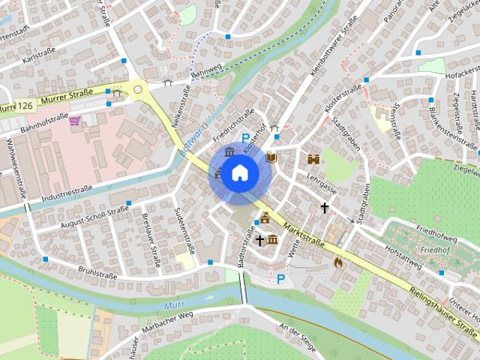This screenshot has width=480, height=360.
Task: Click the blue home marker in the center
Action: tap(239, 172)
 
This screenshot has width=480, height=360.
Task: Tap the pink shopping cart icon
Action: tap(74, 121)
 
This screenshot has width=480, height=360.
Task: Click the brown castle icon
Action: tap(313, 159)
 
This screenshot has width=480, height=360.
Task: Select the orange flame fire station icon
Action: tap(338, 262)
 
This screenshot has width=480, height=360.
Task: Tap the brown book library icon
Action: tap(271, 157)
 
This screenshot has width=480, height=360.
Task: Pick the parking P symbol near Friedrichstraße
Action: tap(246, 137)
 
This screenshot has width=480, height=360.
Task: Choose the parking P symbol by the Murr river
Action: tap(281, 279)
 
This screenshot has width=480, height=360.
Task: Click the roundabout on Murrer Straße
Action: tap(136, 89)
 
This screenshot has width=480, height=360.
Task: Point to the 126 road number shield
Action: tap(25, 107)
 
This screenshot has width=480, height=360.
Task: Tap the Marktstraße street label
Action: tap(303, 233)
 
